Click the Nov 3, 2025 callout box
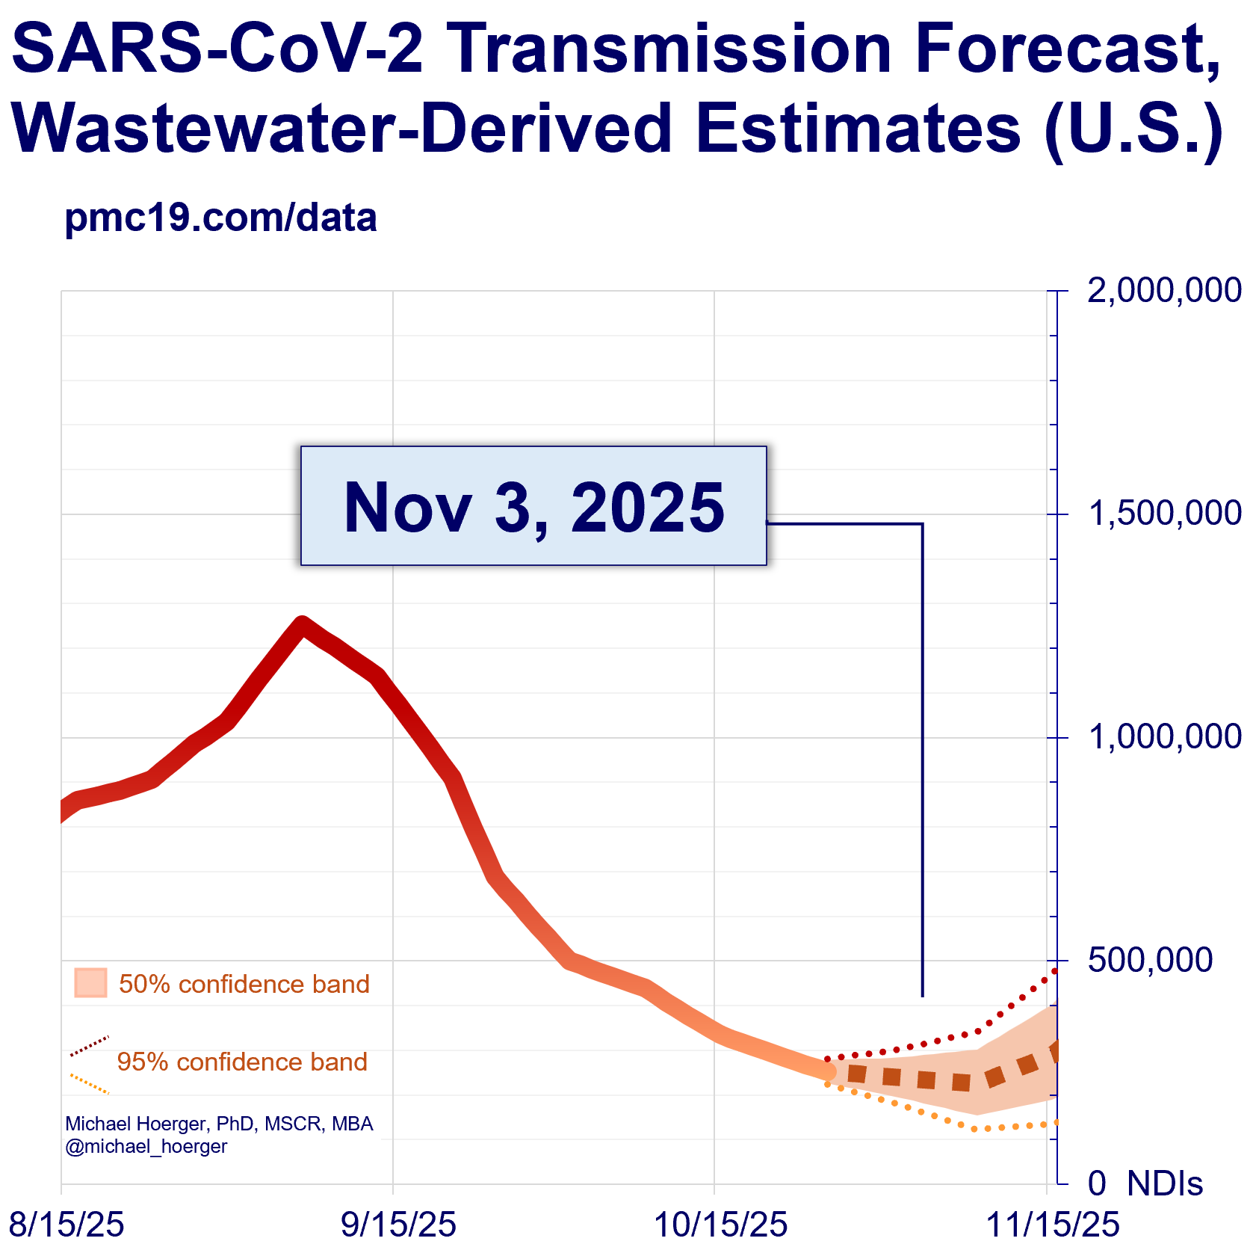click(x=533, y=506)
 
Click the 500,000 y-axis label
click(x=1150, y=960)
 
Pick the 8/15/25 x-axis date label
click(x=66, y=1225)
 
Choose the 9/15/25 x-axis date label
click(x=398, y=1225)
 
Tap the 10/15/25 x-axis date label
click(x=720, y=1225)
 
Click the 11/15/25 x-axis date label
click(x=1053, y=1225)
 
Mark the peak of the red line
click(x=301, y=625)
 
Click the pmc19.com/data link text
click(x=220, y=218)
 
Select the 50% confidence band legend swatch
click(x=90, y=983)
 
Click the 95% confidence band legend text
click(x=242, y=1062)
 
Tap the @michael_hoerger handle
click(x=146, y=1146)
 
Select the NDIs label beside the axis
click(x=1164, y=1183)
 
